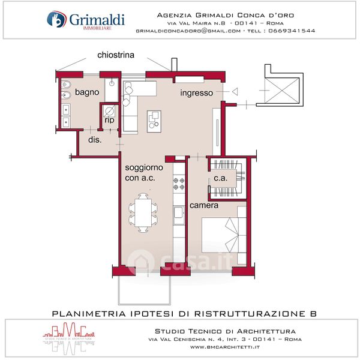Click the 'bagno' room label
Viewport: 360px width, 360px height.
[x=87, y=92]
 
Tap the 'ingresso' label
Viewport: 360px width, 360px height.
[x=197, y=93]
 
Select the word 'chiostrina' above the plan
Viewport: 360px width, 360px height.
[x=116, y=55]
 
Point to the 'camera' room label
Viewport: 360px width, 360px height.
[x=204, y=205]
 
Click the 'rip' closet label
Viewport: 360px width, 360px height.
[x=109, y=120]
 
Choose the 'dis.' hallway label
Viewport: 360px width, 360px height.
[x=95, y=140]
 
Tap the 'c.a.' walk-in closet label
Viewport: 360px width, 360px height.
[x=220, y=178]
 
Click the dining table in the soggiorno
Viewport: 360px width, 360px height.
[x=143, y=213]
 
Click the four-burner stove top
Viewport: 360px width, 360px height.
[x=179, y=184]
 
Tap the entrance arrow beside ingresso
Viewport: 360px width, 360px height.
[x=235, y=92]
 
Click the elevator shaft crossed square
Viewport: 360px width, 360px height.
[x=282, y=91]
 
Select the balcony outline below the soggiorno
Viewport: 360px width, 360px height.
[x=144, y=289]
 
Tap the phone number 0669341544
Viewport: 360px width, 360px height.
[x=292, y=31]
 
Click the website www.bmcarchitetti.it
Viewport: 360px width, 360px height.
[x=225, y=347]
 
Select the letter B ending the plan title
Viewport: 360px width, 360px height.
[x=313, y=314]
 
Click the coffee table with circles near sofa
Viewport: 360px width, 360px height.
[x=154, y=121]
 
